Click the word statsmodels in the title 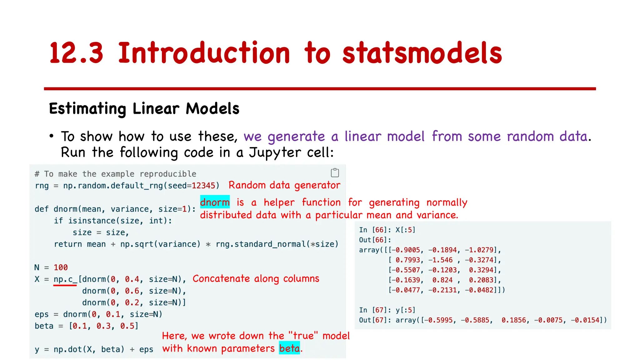(x=422, y=53)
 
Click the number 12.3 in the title (x=76, y=53)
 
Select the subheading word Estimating (x=87, y=109)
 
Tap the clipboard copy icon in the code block (x=335, y=172)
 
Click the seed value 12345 (x=203, y=186)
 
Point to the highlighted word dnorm (x=215, y=202)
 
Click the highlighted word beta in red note (x=289, y=348)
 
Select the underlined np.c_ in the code (x=65, y=279)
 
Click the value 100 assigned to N (x=61, y=267)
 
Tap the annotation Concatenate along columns (x=256, y=278)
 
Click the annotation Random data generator (x=284, y=185)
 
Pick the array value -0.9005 (x=406, y=250)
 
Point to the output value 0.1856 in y (x=513, y=320)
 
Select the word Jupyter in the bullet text (x=275, y=152)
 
